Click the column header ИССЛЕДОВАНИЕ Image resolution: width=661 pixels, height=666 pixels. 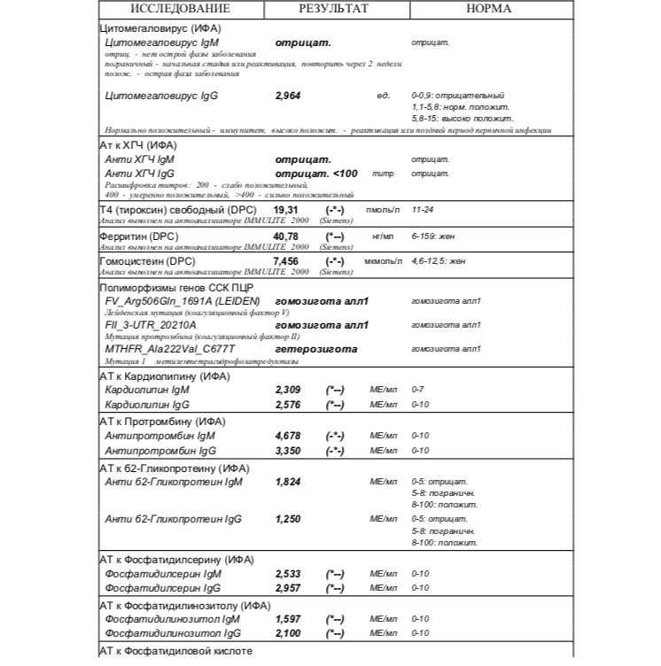coord(180,9)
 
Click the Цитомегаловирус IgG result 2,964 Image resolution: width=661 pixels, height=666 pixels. coord(289,95)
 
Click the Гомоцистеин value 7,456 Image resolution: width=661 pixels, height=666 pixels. coord(288,262)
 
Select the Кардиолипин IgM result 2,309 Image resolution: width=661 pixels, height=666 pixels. coord(289,390)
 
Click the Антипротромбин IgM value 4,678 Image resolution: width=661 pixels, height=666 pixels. coord(289,436)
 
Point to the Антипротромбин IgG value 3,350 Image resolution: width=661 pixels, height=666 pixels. coord(289,450)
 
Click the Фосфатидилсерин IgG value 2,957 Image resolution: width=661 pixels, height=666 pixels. coord(289,587)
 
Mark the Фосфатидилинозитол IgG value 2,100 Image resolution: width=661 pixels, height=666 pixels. coord(289,632)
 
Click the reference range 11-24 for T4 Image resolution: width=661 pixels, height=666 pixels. coord(423,210)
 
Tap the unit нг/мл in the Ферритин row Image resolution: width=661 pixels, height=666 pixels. coord(382,236)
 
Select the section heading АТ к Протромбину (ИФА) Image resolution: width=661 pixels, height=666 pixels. coord(161,422)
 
